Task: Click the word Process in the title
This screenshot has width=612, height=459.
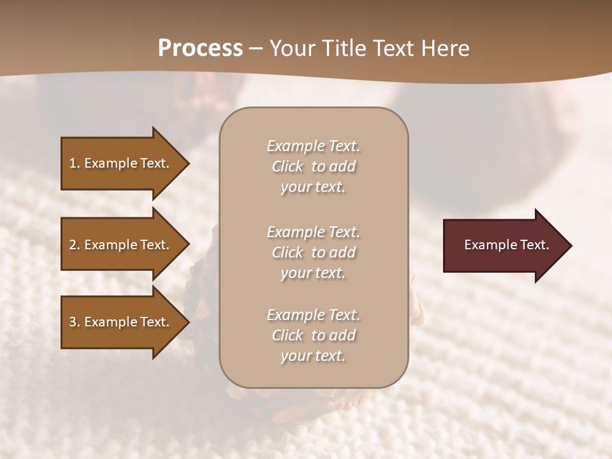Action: pyautogui.click(x=200, y=48)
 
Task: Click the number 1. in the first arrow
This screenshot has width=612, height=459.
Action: pyautogui.click(x=75, y=163)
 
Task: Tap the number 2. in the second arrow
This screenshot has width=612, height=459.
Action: pyautogui.click(x=75, y=245)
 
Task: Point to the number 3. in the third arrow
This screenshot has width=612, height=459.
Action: pyautogui.click(x=75, y=322)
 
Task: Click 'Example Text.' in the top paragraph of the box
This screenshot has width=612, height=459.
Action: pyautogui.click(x=313, y=146)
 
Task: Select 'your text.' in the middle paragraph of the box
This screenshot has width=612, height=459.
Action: pyautogui.click(x=313, y=273)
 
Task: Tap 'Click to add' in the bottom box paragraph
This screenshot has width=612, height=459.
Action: pyautogui.click(x=313, y=335)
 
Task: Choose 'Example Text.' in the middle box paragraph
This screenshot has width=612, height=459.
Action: pyautogui.click(x=313, y=232)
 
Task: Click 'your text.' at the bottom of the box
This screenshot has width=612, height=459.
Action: pyautogui.click(x=313, y=356)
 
